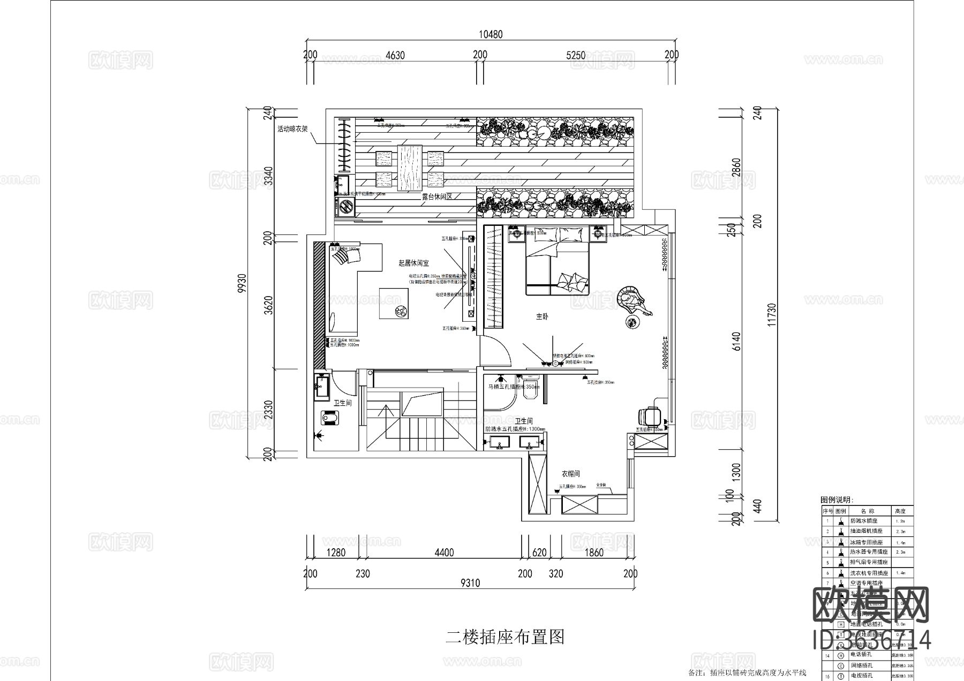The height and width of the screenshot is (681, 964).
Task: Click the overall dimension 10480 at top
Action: coord(490,35)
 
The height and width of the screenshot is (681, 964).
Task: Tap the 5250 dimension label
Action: coord(575,55)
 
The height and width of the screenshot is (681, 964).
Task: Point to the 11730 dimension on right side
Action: coord(771,315)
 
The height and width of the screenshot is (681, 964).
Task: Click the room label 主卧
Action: coord(542,317)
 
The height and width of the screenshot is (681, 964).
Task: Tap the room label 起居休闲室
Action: coord(413,263)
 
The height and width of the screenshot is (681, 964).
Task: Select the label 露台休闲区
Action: coord(437,196)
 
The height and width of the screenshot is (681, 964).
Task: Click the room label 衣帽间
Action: coord(571,474)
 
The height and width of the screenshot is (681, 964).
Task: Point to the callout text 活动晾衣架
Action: coord(292,129)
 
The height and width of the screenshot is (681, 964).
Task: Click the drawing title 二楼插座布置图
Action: coord(505,637)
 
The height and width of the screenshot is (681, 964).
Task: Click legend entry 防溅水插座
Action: coord(864,520)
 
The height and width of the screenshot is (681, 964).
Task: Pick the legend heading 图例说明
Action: coord(837,500)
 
